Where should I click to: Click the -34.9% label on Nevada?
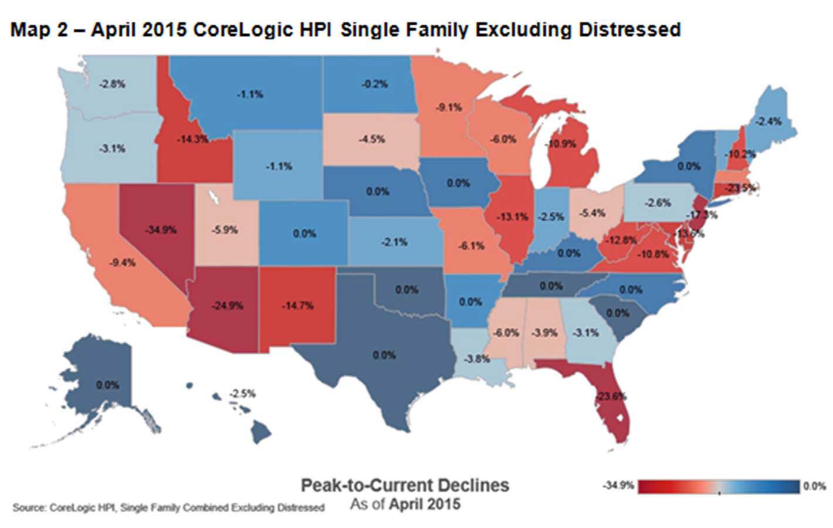coord(161,230)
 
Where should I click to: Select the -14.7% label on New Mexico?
coord(297,306)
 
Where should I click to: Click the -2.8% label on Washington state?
coord(111,84)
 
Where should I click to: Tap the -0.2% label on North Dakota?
coord(374,84)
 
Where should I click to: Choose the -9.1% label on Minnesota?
coord(449,107)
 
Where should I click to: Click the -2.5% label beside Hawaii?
coord(242,393)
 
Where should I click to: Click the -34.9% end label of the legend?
coord(618,486)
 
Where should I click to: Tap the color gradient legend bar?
coord(719,487)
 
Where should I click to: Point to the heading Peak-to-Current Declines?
coord(405,485)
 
